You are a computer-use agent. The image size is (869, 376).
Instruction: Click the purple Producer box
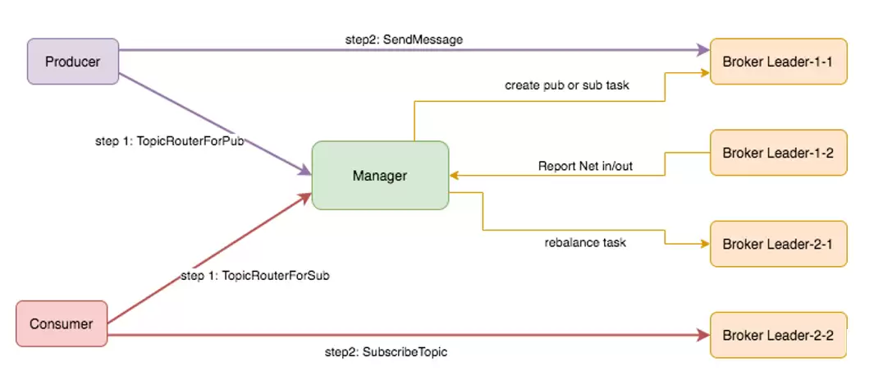[73, 62]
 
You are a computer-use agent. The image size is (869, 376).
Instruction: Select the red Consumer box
[62, 324]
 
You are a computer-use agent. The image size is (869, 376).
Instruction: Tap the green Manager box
[380, 176]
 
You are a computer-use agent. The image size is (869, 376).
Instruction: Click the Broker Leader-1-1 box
[778, 62]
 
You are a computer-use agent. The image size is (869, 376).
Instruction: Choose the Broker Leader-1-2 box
[778, 153]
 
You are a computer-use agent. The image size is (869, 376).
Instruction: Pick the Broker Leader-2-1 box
[778, 244]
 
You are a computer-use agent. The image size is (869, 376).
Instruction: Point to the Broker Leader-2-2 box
[778, 335]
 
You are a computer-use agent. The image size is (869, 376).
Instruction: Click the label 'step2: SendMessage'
[404, 40]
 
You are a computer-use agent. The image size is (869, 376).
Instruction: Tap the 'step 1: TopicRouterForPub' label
[170, 141]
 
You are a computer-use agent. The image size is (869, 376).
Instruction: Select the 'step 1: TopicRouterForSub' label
[255, 276]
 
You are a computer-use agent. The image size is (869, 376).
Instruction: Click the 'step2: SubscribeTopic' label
[386, 352]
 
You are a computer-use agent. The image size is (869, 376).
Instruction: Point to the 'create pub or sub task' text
[567, 86]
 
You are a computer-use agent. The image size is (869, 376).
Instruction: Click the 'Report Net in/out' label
[585, 166]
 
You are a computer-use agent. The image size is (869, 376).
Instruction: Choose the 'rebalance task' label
[585, 243]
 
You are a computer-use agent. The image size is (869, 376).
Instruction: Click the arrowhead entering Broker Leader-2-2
[704, 335]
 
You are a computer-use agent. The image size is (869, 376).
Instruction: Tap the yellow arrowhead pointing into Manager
[454, 176]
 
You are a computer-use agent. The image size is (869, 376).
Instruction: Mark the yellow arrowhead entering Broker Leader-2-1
[706, 244]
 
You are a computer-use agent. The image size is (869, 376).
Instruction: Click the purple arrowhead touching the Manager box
[305, 170]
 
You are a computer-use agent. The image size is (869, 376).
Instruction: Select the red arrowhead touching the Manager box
[305, 197]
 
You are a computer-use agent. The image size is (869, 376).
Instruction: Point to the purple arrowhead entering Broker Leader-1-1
[704, 50]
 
